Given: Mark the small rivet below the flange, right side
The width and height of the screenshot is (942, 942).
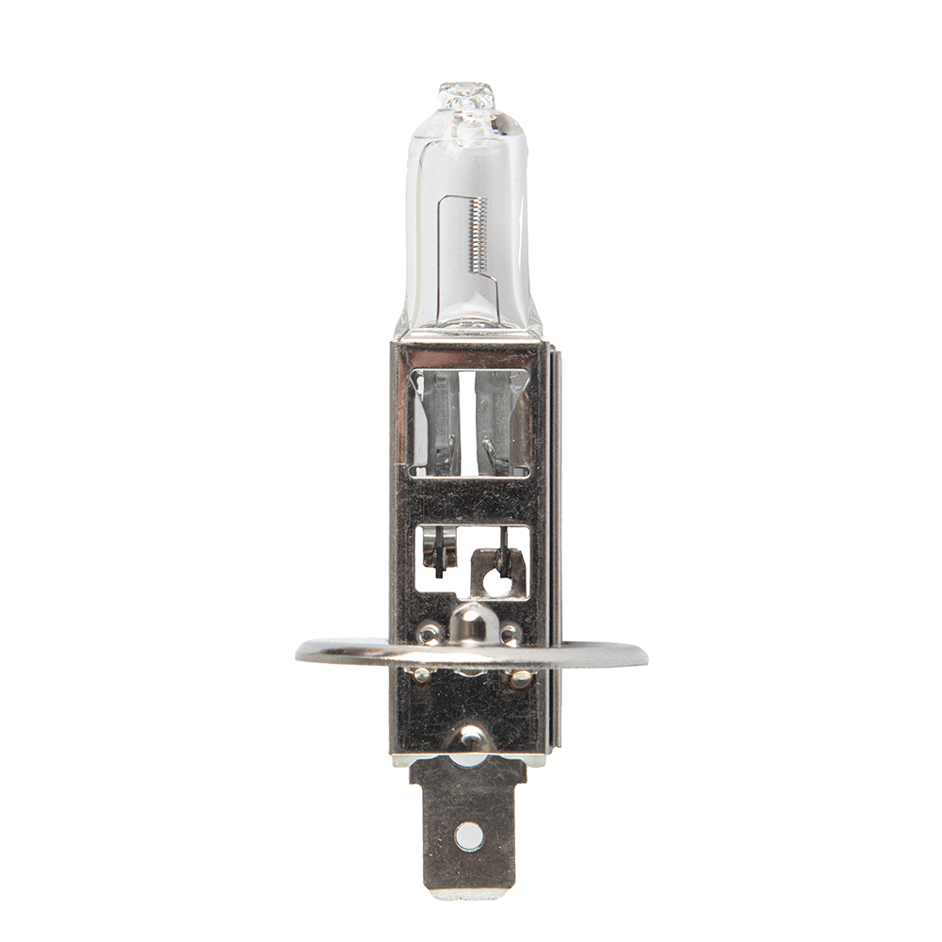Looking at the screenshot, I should coord(519,677).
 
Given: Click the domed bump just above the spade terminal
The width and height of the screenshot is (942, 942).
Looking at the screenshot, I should coord(470,739).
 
